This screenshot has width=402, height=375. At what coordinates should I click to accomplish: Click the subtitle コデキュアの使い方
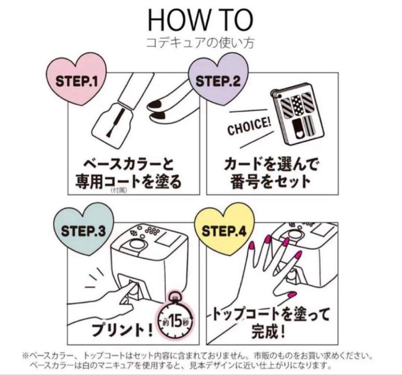coord(200,42)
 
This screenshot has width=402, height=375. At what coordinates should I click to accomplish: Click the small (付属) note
coord(119,190)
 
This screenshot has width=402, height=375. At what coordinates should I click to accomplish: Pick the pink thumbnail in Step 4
coord(289,294)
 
